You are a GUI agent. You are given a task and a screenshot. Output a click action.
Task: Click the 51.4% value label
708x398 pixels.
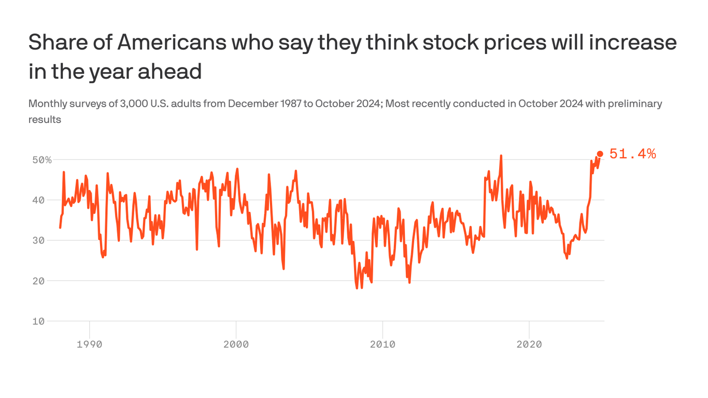[632, 154]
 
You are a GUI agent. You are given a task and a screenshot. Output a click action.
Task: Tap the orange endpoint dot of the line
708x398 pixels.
[600, 154]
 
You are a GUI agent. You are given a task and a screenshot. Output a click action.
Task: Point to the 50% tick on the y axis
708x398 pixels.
[42, 160]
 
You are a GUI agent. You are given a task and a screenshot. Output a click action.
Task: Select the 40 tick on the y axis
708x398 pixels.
[39, 200]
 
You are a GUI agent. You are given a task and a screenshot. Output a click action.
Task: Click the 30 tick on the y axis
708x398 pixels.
[39, 240]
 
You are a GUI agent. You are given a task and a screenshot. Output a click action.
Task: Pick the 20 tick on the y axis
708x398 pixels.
[39, 281]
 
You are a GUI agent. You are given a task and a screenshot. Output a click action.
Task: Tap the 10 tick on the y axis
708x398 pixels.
[39, 321]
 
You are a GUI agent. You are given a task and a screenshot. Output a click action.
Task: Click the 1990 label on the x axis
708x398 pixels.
[90, 344]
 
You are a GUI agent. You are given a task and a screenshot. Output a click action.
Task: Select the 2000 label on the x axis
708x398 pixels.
[236, 344]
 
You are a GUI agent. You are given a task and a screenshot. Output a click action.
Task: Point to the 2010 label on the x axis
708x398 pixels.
[383, 344]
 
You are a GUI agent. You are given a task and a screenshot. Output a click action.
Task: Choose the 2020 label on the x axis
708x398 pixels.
[529, 344]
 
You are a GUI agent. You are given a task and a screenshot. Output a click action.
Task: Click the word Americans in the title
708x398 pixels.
[172, 42]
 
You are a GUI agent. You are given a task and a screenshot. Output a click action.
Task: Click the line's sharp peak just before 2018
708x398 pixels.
[501, 155]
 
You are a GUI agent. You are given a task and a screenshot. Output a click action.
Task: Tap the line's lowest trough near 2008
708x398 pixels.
[357, 288]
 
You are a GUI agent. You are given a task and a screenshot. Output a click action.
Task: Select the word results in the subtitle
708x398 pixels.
[45, 120]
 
